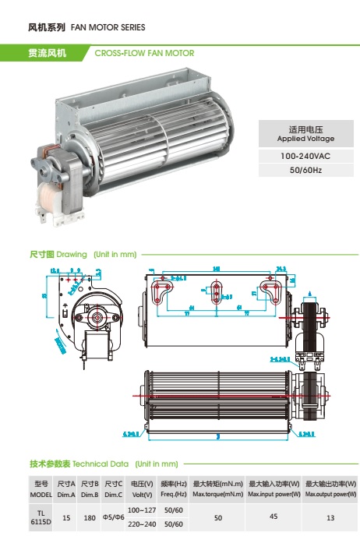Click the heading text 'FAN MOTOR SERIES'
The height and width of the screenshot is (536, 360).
click(108, 27)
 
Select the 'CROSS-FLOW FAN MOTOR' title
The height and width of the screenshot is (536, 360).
click(144, 54)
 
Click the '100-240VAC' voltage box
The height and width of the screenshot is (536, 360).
click(305, 157)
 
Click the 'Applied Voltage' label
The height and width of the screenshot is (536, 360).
click(305, 139)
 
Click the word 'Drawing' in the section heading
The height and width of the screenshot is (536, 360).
click(72, 255)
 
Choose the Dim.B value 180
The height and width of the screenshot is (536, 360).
click(90, 517)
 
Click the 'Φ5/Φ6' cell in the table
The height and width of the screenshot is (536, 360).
click(114, 517)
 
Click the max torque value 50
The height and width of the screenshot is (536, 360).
click(218, 517)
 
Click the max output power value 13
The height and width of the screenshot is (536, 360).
click(330, 517)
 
